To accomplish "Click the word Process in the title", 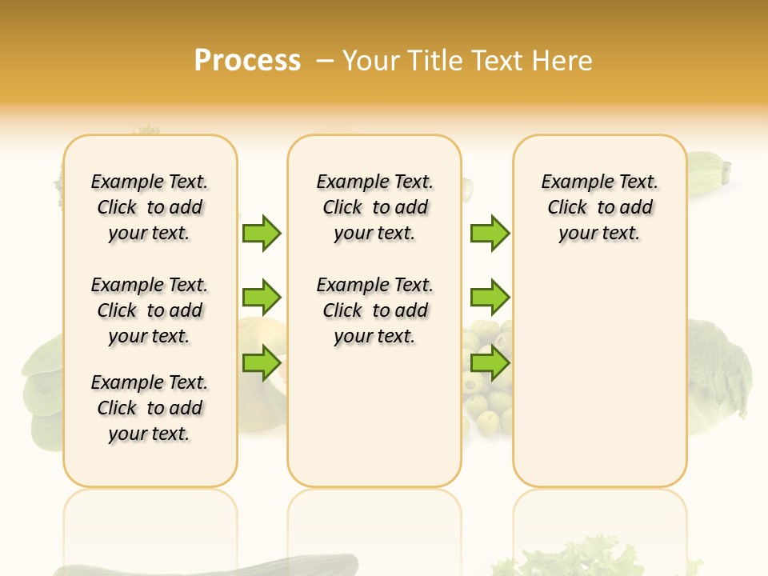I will tap(247, 61).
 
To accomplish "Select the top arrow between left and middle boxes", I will tap(262, 233).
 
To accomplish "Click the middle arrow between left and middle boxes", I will tap(262, 298).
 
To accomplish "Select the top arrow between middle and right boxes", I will tap(490, 233).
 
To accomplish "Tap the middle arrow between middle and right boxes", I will tap(490, 298).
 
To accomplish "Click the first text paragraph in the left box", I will tap(150, 207).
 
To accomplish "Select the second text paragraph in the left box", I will tap(150, 310).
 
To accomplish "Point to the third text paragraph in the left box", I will tap(150, 408).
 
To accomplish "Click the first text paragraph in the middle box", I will tap(374, 207).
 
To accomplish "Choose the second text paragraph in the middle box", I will tap(374, 310).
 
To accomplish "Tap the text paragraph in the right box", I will tap(599, 207).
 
